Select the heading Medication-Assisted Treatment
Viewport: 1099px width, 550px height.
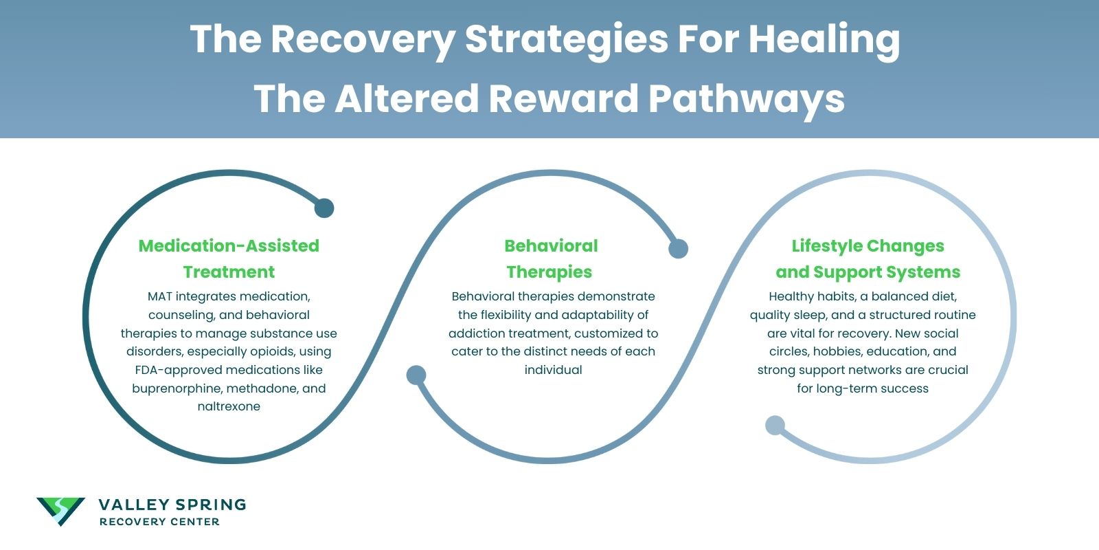[229, 258]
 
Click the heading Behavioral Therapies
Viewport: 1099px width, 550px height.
[550, 258]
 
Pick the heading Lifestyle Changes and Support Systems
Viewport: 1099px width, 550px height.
[868, 258]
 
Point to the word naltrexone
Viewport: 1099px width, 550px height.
[229, 406]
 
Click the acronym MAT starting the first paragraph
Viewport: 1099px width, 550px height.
[159, 296]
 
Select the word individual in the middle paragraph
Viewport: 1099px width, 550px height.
[553, 370]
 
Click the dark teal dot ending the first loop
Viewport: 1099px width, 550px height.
[324, 208]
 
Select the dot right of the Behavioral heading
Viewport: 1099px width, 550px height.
[678, 249]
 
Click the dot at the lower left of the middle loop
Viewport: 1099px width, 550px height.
[416, 375]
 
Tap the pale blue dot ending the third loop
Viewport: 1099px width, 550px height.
[775, 426]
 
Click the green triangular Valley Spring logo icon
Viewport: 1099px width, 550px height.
[60, 511]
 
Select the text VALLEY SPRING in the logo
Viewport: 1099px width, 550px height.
[172, 505]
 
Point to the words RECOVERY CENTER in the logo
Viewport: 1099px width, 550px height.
[159, 522]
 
